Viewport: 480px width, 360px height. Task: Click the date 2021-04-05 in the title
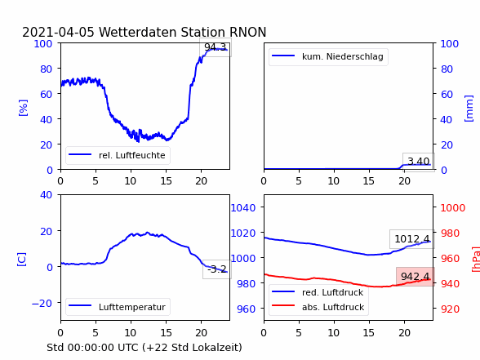click(58, 32)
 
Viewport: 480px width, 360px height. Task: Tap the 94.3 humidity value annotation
click(216, 47)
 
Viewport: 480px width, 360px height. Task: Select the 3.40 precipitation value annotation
click(419, 162)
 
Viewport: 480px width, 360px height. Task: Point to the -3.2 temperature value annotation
click(217, 269)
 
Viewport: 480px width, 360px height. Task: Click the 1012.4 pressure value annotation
click(411, 238)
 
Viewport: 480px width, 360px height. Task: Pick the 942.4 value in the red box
click(415, 277)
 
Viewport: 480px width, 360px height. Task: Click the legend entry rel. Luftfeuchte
click(132, 155)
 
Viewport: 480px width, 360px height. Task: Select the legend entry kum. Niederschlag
click(343, 56)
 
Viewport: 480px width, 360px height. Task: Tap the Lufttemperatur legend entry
click(132, 307)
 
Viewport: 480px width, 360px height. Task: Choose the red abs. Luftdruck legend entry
click(333, 307)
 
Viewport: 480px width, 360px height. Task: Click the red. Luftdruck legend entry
click(333, 292)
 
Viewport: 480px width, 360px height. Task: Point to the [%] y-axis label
click(23, 108)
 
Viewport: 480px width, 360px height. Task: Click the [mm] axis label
click(469, 109)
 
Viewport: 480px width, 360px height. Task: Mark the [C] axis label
click(21, 260)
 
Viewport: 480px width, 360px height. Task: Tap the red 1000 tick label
click(453, 208)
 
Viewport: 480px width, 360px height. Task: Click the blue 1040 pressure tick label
click(243, 208)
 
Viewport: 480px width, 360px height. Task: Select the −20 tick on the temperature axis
click(42, 303)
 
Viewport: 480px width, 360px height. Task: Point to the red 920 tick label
click(450, 309)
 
